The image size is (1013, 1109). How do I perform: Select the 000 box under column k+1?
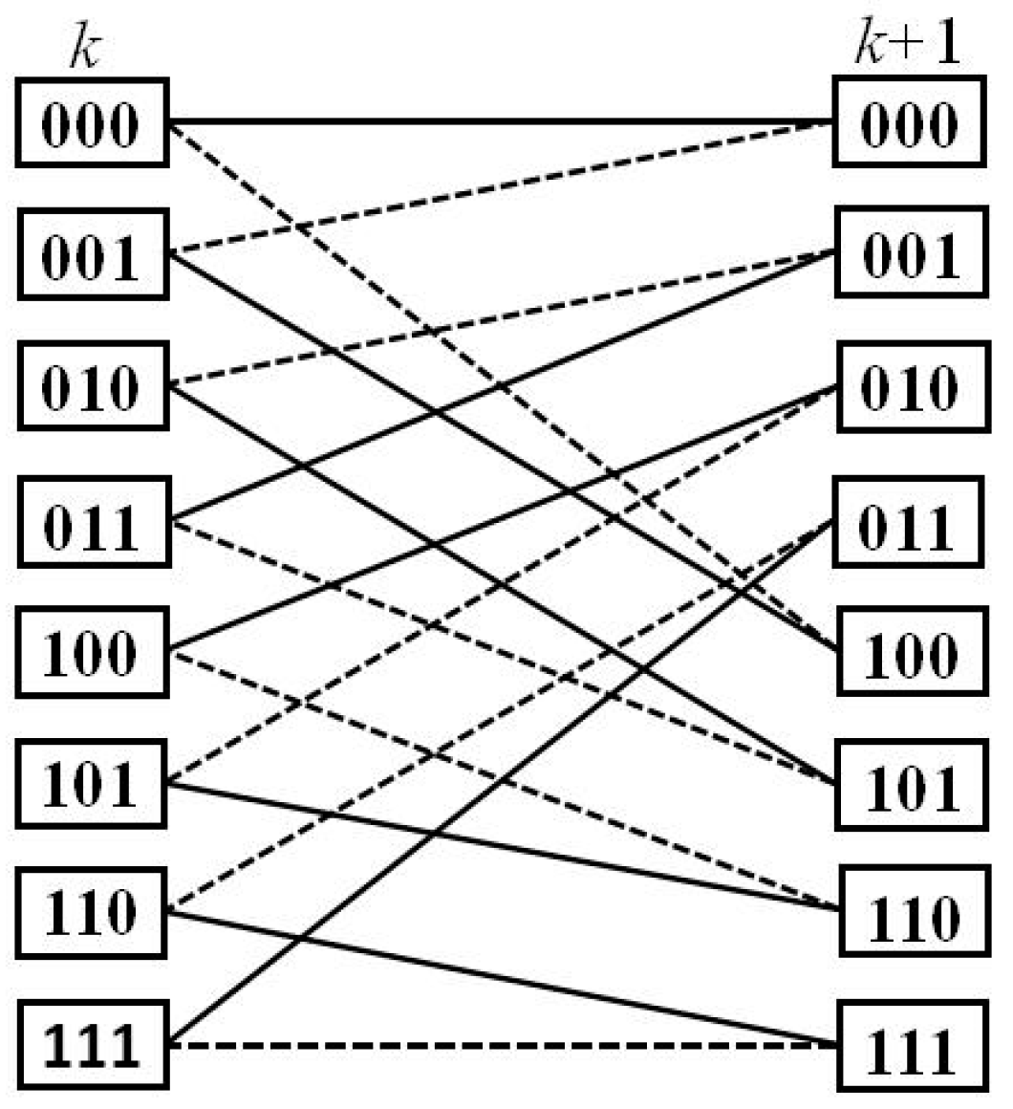tap(909, 123)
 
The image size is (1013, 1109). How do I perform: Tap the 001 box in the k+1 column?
tap(909, 254)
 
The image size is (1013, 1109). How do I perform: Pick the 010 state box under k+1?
tap(909, 386)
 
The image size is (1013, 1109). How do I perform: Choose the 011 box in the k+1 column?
tap(909, 524)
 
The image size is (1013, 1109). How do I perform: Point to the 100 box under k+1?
tap(909, 653)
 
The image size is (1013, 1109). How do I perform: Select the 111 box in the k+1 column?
tap(909, 1047)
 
